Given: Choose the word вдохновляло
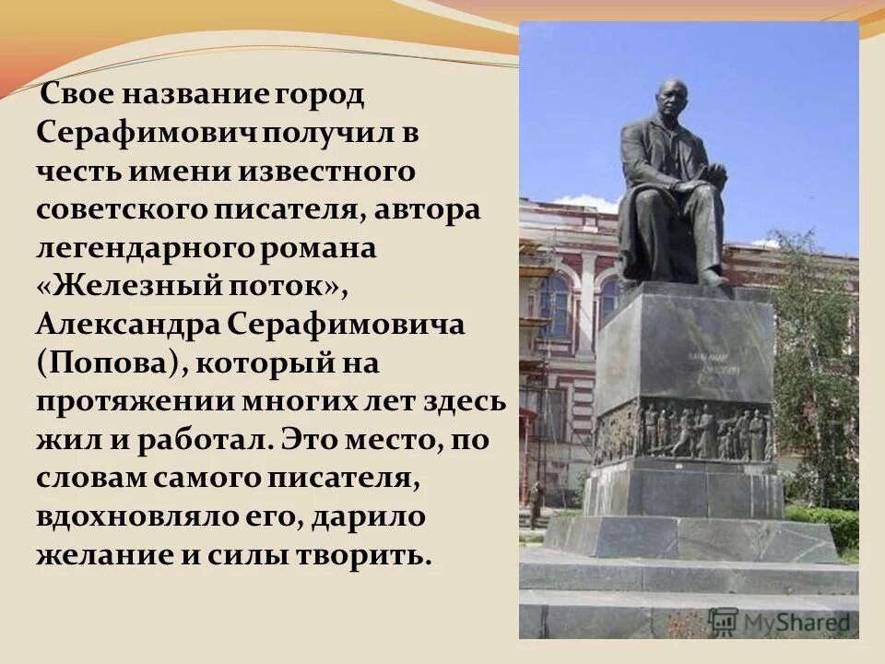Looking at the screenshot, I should coord(135,516).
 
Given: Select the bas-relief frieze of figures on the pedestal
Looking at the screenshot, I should coord(682,432).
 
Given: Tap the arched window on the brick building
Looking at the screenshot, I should coord(555,304).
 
